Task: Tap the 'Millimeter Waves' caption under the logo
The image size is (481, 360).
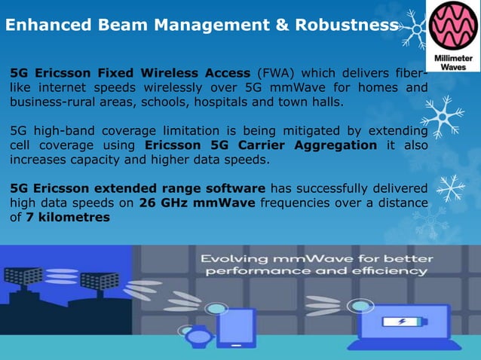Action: pos(453,63)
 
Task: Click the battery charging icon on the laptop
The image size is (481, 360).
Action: pos(400,322)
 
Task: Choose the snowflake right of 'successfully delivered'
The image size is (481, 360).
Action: pos(451,188)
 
